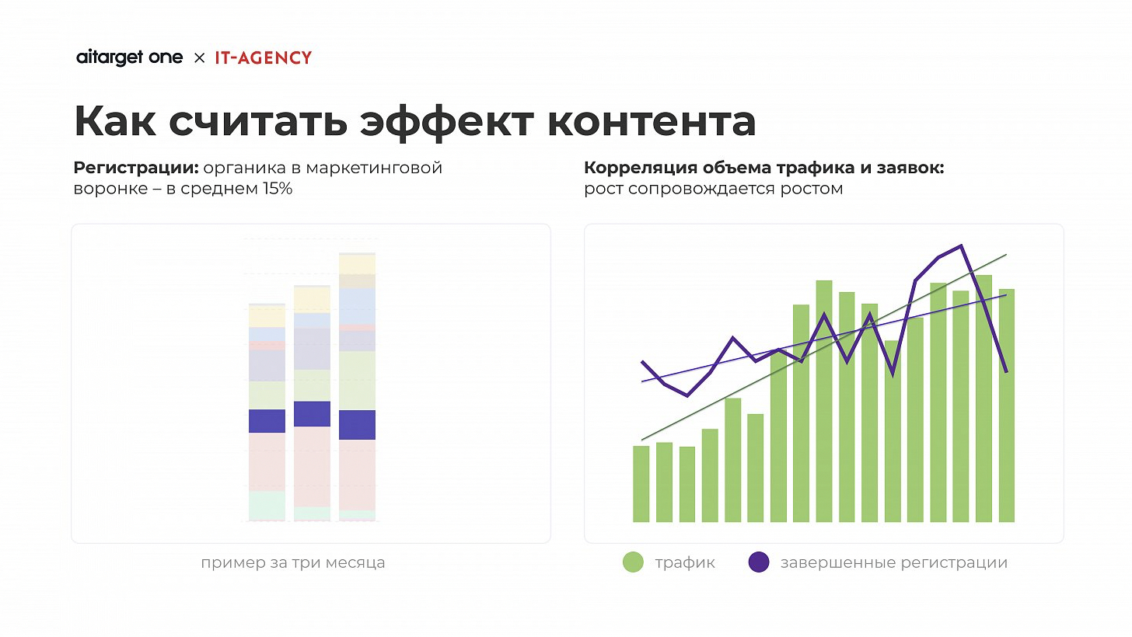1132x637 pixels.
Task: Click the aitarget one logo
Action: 130,58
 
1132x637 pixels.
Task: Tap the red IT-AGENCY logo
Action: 263,58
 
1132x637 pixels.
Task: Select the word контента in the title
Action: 652,122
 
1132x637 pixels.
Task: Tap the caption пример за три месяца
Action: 292,562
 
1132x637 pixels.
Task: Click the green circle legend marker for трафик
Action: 634,562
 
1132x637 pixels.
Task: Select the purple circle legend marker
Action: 758,562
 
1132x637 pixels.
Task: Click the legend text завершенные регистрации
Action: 893,562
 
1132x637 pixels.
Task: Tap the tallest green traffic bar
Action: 824,401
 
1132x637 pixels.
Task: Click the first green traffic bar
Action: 641,483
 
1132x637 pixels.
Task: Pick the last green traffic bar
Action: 1007,405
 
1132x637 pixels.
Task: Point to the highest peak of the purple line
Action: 962,246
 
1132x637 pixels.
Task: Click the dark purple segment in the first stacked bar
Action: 267,420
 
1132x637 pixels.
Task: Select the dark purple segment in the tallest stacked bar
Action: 358,425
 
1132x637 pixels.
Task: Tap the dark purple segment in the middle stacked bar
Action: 312,414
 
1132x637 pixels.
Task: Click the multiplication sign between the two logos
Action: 199,58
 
